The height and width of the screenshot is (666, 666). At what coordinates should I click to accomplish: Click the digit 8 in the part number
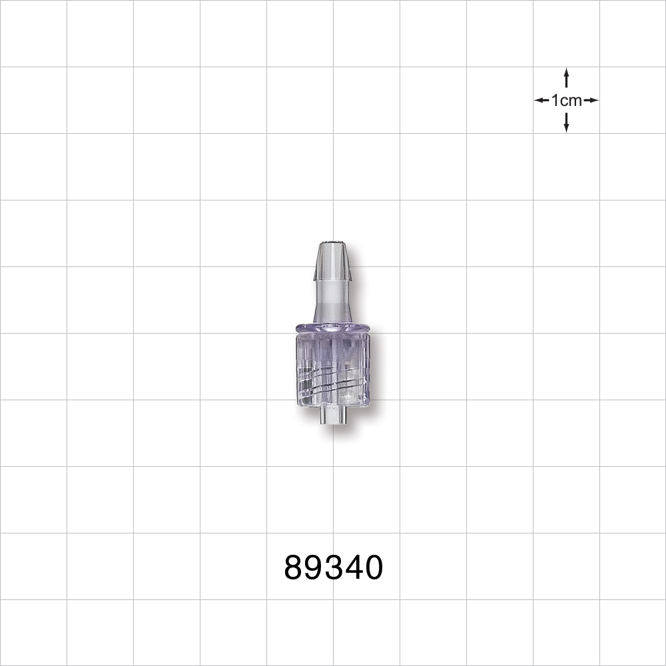294,568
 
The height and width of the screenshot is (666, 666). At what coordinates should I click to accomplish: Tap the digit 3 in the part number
334,568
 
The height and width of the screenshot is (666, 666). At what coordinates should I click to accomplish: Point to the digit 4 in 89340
353,568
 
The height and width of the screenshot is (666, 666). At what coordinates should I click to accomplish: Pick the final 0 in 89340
373,568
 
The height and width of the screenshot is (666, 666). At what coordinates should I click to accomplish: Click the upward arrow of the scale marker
566,77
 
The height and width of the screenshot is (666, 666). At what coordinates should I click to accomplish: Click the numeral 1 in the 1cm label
555,101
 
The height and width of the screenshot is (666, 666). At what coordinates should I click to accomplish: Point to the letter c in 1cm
563,101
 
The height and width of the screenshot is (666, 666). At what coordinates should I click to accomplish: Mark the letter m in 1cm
575,101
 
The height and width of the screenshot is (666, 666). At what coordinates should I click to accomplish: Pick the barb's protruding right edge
351,270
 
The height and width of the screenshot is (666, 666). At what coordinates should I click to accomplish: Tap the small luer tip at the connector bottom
332,417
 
